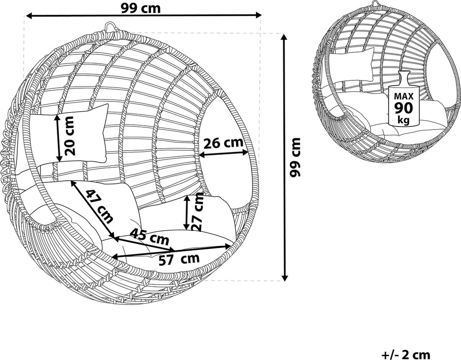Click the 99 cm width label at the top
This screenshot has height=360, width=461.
141,9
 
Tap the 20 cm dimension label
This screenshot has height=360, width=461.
70,136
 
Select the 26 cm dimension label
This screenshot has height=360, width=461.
223,143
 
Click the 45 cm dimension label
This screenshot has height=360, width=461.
150,237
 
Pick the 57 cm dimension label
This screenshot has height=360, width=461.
179,259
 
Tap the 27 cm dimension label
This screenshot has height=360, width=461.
197,212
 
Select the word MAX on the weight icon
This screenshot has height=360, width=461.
404,96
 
